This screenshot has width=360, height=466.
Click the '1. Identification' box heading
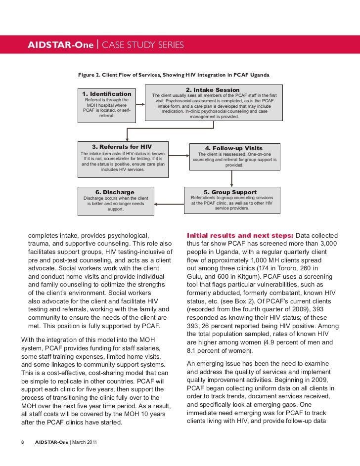tap(107, 94)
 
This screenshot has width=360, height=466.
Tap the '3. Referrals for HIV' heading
tap(122, 147)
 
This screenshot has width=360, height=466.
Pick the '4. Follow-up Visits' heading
tap(234, 148)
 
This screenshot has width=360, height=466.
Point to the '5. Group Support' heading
tap(230, 192)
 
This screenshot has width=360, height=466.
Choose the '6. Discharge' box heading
tap(115, 192)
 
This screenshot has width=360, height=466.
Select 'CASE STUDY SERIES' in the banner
tap(142, 45)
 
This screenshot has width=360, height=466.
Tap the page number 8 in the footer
tap(23, 441)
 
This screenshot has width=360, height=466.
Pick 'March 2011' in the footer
tap(85, 441)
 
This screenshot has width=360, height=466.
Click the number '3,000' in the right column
tap(327, 244)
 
